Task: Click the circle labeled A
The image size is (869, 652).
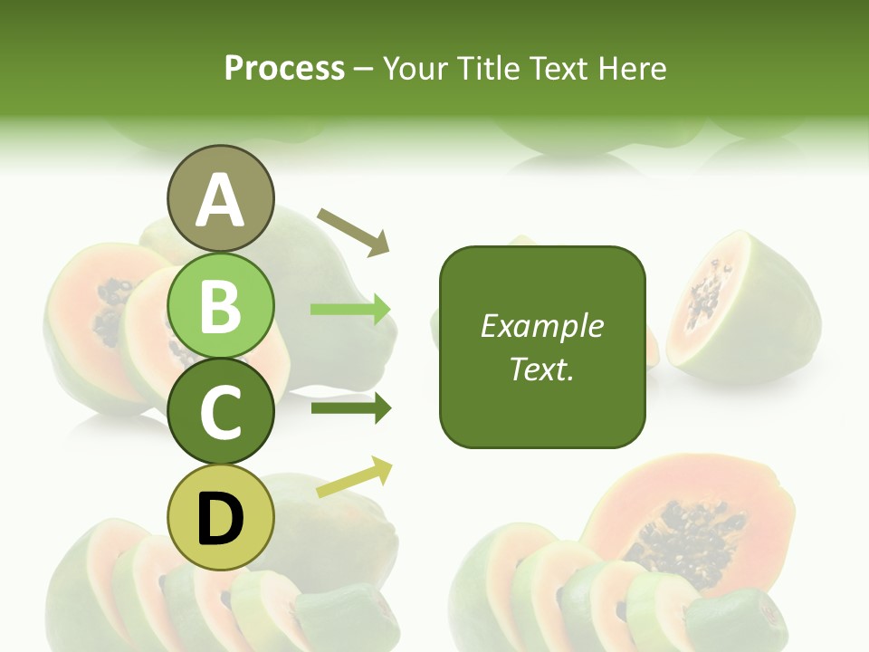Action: click(220, 199)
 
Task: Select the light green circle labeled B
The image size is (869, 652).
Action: click(220, 305)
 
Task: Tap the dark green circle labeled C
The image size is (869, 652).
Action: click(220, 412)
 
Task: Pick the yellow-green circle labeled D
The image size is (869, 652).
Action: click(220, 518)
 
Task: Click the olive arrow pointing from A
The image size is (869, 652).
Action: click(353, 231)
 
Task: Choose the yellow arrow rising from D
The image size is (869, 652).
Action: click(354, 477)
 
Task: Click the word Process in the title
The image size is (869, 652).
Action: click(284, 68)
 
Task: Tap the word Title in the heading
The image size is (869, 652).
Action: click(487, 68)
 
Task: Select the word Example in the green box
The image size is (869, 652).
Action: click(541, 326)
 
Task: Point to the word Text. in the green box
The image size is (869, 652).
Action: click(541, 369)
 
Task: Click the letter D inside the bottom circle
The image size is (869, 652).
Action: click(220, 519)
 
